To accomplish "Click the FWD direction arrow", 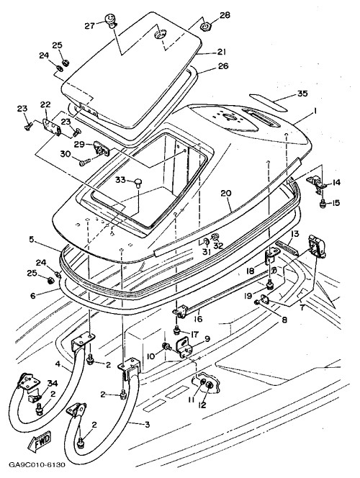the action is (40, 442).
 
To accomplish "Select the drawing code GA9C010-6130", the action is (37, 465).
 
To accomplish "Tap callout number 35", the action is (302, 94).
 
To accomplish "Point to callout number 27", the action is (90, 26).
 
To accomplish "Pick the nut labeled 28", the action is (205, 27).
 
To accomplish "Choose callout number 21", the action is (221, 52).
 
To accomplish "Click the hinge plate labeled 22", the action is (51, 126).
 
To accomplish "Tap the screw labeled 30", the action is (86, 162).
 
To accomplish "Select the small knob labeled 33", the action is (139, 182).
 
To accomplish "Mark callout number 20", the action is (227, 193).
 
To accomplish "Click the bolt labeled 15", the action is (323, 204).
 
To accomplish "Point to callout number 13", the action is (295, 234).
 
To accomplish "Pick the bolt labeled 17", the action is (176, 329).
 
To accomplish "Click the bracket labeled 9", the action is (185, 347).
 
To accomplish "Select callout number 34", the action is (52, 383).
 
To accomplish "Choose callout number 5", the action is (32, 240).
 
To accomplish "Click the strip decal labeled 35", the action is (269, 102).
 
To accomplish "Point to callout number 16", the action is (198, 319).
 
